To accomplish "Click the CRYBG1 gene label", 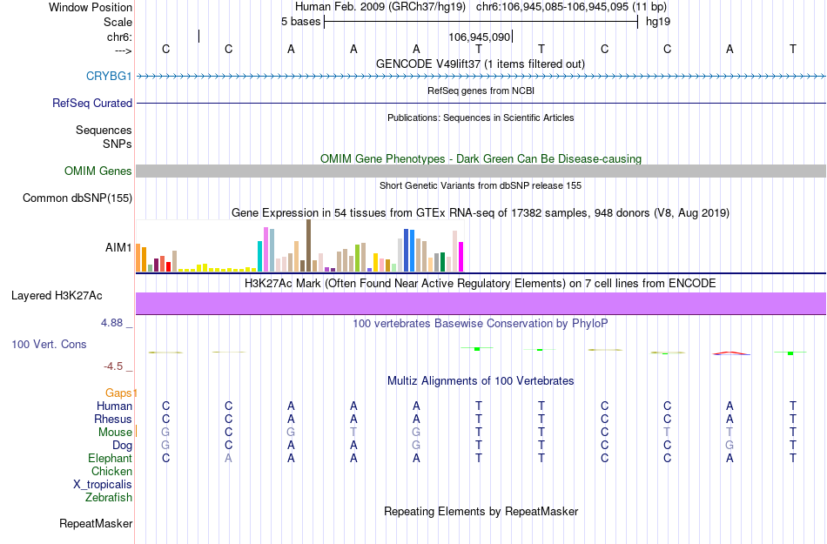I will pos(109,77).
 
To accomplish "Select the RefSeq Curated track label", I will pos(92,104).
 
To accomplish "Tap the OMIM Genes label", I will pos(98,171).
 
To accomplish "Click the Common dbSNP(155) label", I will pos(77,198).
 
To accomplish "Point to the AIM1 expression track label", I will pos(118,248).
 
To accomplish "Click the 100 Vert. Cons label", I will pos(49,345).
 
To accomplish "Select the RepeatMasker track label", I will pos(96,524).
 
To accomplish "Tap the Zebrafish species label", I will pos(109,498).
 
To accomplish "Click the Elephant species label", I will pos(110,459).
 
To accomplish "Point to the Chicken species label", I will pos(111,472).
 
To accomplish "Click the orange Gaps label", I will pos(121,393).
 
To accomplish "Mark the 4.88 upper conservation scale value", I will pos(115,323).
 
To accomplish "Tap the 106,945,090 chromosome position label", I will pos(479,37).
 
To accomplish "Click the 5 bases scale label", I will pos(300,21).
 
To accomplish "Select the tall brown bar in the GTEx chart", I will pos(308,245).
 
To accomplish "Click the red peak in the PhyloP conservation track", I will pos(730,353).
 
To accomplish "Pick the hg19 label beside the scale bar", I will pos(657,21).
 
